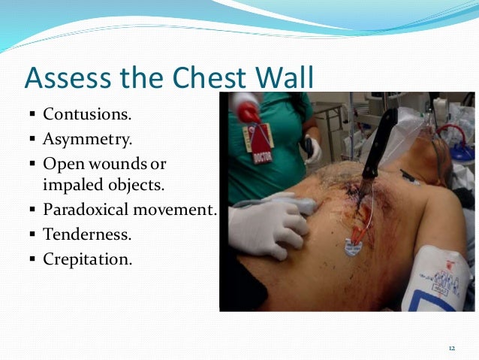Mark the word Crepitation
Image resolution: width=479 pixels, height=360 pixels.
pyautogui.click(x=87, y=260)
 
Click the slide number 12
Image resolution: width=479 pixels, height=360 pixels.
pyautogui.click(x=452, y=348)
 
